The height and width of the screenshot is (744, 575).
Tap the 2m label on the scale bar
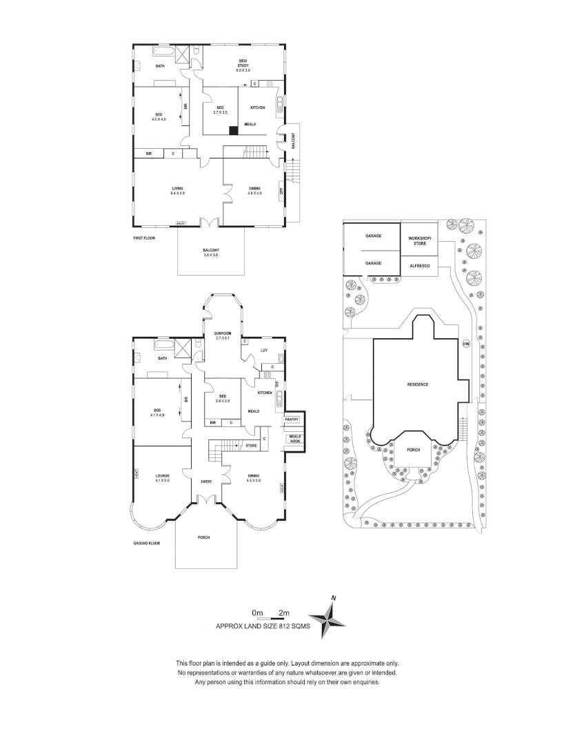tap(283, 612)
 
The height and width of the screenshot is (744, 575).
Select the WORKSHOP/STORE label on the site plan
tap(419, 240)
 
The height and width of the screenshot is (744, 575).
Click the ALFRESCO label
tap(419, 265)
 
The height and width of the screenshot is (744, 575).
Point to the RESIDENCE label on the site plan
tap(418, 384)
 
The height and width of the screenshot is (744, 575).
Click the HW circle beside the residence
tap(465, 344)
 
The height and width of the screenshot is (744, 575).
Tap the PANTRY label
tap(292, 419)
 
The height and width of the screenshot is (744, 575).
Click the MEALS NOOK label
tap(294, 439)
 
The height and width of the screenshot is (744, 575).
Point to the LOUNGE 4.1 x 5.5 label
tap(162, 477)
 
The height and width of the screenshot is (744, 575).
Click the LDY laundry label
tap(263, 350)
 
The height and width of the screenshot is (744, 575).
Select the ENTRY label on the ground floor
tap(206, 482)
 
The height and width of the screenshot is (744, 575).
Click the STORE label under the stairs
tap(252, 446)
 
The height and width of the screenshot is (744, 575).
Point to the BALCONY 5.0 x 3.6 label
tap(211, 252)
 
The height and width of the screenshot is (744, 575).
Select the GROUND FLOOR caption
tap(148, 544)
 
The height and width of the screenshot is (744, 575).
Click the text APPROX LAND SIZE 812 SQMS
tap(263, 627)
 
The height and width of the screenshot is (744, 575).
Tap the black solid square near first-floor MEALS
tap(233, 130)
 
